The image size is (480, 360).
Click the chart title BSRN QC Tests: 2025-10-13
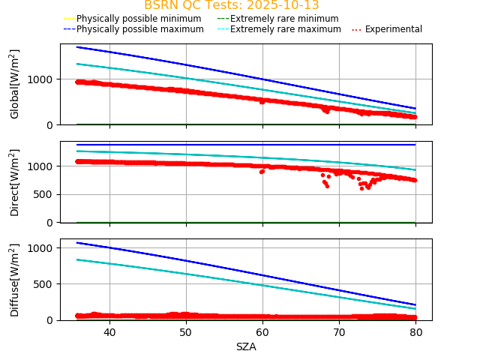[x=231, y=5]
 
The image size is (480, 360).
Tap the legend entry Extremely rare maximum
[x=285, y=29]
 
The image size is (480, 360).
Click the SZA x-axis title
[x=246, y=347]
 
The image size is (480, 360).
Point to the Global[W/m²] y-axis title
[x=15, y=84]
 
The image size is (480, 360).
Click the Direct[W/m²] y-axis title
[x=15, y=182]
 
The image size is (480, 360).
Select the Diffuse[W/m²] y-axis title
[x=15, y=280]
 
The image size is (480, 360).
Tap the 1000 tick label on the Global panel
[x=42, y=79]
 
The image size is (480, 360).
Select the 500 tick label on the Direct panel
[x=45, y=194]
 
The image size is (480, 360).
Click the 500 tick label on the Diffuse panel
[x=45, y=284]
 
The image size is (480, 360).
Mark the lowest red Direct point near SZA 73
[x=361, y=188]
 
